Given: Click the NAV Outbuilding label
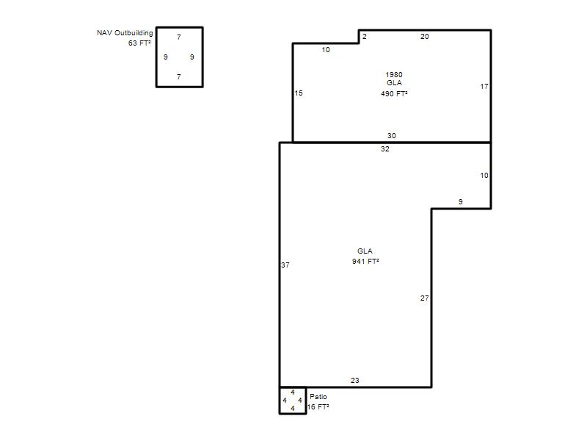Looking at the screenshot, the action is click(125, 33).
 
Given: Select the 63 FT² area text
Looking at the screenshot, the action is click(139, 43).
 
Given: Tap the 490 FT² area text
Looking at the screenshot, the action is click(394, 94).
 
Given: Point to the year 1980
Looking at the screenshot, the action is click(394, 75).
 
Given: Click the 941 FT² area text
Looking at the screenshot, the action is click(365, 261).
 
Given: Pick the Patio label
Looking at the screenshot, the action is click(318, 396).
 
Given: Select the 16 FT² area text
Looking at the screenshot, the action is click(318, 407).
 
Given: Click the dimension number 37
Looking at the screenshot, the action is click(285, 265).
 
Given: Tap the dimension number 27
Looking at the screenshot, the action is click(424, 298).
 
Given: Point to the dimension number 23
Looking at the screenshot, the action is click(355, 381).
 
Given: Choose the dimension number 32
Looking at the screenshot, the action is click(384, 149).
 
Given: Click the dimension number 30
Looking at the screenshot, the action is click(392, 136).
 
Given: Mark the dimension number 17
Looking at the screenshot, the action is click(484, 87).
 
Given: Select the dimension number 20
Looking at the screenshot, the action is click(425, 36).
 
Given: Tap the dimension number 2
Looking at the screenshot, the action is click(364, 36).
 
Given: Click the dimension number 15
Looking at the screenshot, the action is click(299, 93).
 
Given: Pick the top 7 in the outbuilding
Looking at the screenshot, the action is click(179, 37).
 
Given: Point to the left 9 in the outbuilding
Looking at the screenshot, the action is click(166, 57).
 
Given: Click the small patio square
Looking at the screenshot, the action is click(280, 401).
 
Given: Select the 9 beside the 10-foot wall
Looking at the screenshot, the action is click(461, 201).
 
